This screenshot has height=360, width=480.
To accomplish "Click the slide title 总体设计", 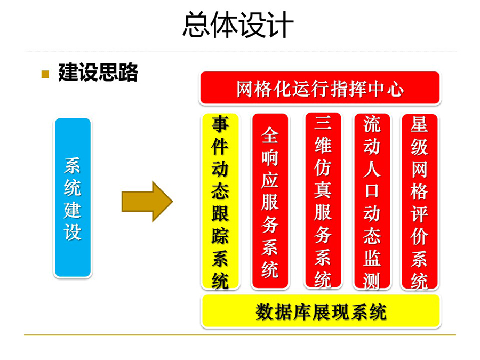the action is point(238,25).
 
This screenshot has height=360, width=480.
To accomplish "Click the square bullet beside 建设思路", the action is point(45,74).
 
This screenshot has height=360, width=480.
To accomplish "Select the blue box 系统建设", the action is point(73,198).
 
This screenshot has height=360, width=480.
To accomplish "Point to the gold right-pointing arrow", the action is point(147,202).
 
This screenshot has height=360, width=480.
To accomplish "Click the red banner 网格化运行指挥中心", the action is point(320,88).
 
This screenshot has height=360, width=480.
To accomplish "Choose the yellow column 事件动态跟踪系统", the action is point(220,201).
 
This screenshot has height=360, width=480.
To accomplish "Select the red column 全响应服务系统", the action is point(270,201).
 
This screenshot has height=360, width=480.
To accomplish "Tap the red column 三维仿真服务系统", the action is point(323,201).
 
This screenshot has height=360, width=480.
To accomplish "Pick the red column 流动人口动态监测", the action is point(372,201).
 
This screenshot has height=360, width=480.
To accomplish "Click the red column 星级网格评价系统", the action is point(419,202).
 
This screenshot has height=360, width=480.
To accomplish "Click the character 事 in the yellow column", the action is point(220,124).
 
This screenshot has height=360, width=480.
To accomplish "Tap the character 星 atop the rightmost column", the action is point(419,124).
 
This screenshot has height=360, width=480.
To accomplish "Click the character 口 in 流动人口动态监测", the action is point(372,191).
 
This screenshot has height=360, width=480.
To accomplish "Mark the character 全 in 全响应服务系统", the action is point(270,135).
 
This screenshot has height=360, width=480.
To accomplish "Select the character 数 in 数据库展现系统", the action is point(265,312).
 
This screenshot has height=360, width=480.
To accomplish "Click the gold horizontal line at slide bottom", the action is point(240,335).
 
